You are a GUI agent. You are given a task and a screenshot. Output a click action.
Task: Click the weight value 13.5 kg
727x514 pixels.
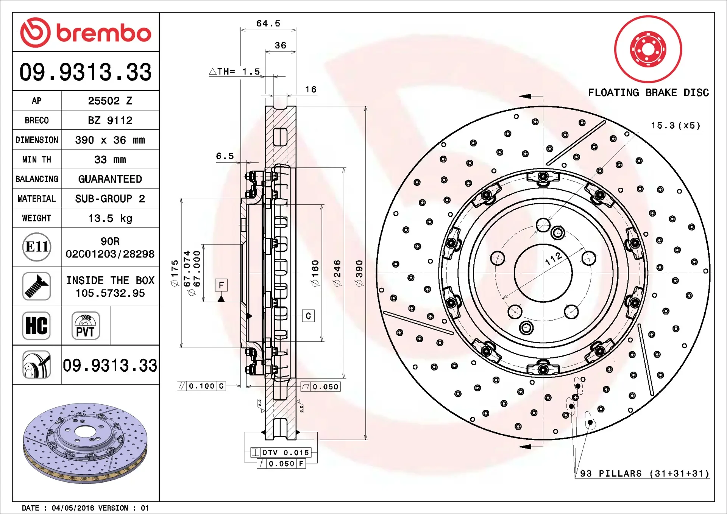pos(110,218)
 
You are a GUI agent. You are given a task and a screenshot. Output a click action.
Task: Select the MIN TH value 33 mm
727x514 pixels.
pos(110,160)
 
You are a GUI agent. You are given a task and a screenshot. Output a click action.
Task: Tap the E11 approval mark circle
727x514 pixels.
pos(37,247)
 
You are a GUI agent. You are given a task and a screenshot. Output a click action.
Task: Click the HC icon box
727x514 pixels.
pos(36,326)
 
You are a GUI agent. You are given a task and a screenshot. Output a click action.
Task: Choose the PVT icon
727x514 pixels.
pos(86,326)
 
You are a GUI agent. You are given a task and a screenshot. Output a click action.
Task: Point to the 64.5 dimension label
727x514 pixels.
pos(268,23)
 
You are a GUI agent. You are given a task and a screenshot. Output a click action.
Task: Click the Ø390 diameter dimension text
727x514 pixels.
pos(359,273)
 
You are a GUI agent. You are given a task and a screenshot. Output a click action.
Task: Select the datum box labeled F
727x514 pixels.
pos(221,285)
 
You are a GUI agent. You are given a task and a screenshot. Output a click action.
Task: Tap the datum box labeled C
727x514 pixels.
pos(308,316)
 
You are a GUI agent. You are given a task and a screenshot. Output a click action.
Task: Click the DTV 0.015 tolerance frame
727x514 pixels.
pos(281,452)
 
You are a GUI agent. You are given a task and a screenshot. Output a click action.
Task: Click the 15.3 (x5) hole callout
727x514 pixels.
pos(676,126)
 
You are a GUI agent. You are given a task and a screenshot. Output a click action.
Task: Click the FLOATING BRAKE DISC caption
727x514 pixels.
pos(648,93)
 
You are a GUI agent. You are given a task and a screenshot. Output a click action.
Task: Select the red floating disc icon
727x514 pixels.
pos(648,49)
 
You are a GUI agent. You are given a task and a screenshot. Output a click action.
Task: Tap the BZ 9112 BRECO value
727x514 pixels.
pos(110,120)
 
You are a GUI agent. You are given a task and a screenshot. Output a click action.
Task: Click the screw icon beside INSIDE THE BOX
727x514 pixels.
pos(37,286)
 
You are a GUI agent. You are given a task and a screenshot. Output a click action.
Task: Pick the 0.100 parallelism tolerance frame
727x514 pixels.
pos(201,386)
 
